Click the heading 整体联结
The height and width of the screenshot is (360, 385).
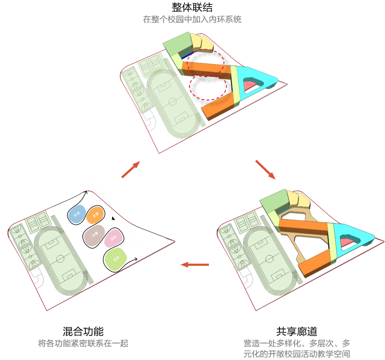(192, 7)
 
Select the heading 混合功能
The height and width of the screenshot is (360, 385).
(83, 331)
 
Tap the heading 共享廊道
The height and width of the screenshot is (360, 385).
(297, 331)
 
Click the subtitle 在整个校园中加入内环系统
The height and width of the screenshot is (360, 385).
(192, 19)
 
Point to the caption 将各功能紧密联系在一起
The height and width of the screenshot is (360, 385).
(83, 344)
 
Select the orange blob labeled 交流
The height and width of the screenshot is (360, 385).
(95, 215)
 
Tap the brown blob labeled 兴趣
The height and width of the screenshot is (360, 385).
(94, 235)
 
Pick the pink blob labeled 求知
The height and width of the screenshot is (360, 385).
(114, 238)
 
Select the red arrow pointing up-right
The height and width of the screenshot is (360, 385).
(130, 169)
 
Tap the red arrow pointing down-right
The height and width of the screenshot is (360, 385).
(265, 169)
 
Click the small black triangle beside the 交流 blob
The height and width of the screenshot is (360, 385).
(113, 219)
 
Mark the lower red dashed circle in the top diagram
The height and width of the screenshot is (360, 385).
(209, 87)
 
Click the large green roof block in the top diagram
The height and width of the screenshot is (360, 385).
(177, 44)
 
